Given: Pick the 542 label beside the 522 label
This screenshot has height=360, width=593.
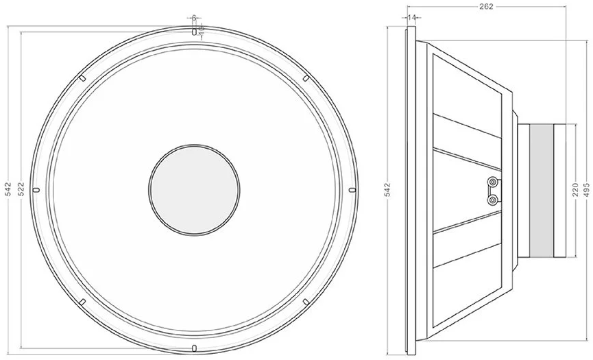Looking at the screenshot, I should click(8, 188).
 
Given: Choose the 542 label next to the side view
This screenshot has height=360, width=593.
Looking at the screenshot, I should click(387, 188).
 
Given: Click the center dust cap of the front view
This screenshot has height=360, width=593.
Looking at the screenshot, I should click(194, 189).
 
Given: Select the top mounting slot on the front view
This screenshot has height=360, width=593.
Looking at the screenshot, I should click(194, 31).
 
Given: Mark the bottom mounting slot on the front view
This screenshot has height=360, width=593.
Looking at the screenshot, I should click(194, 346).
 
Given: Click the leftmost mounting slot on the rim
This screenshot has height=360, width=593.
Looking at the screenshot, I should click(37, 189).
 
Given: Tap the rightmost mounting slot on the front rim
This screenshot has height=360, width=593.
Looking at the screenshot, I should click(352, 189).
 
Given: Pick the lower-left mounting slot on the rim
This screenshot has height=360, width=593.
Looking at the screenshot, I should click(82, 300).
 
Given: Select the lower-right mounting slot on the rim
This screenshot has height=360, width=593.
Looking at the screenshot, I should click(306, 300).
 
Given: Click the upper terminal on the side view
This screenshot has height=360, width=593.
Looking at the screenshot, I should click(492, 182).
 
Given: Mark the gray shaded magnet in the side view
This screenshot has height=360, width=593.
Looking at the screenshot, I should click(541, 189).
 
